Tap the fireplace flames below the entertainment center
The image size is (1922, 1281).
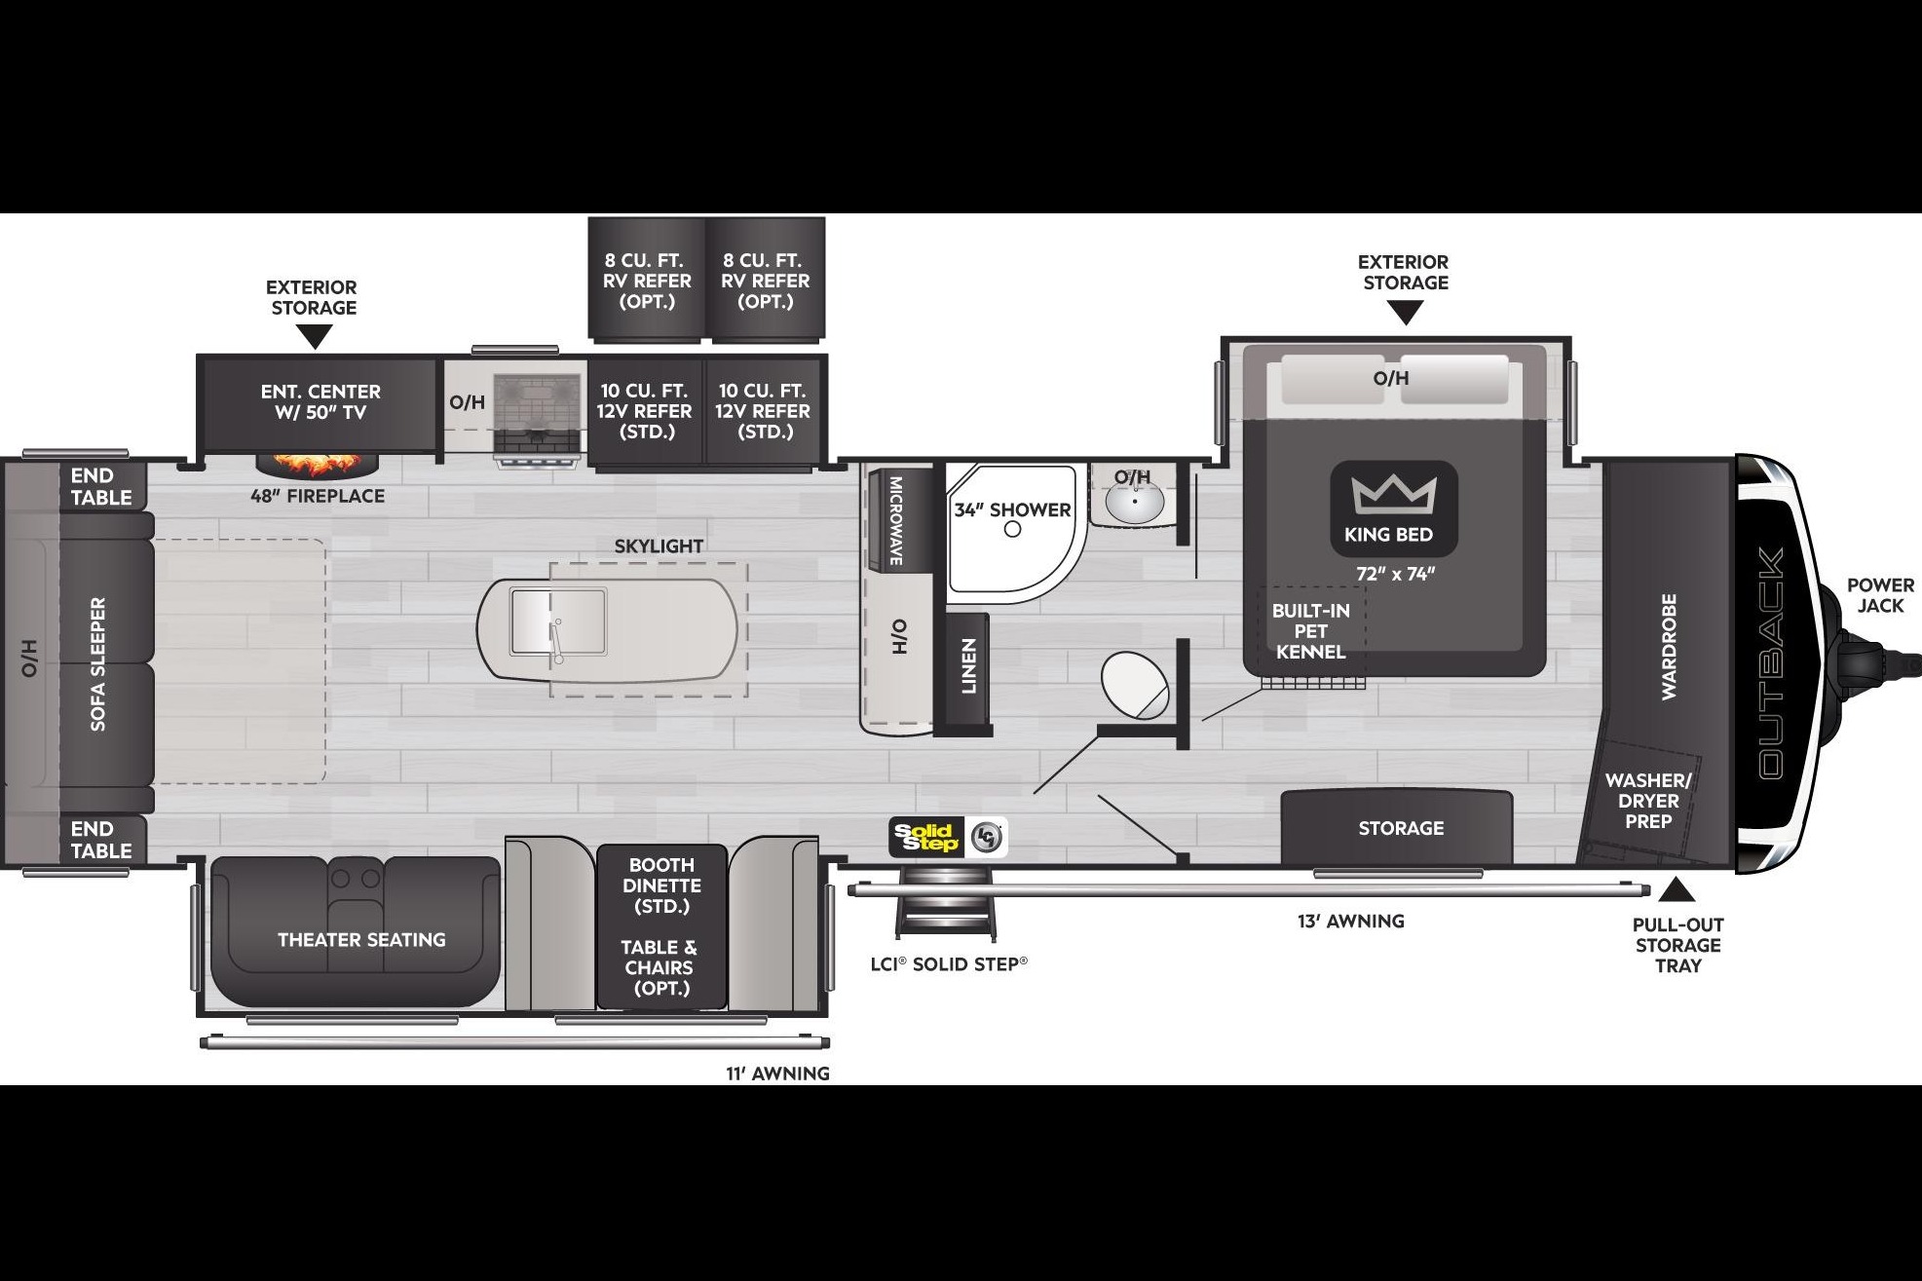click(x=316, y=465)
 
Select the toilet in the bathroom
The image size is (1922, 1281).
click(x=1136, y=685)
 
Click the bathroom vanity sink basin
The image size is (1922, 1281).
click(x=1134, y=506)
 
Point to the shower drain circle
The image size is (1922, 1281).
click(x=1012, y=529)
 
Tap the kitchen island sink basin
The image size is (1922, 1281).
click(x=558, y=622)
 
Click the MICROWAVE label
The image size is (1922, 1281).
click(x=895, y=520)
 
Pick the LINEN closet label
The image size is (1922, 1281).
click(x=968, y=666)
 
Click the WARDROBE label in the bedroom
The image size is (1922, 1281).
click(x=1669, y=646)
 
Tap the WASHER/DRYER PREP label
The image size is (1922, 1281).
click(x=1648, y=801)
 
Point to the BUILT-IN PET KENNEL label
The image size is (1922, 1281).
click(x=1310, y=631)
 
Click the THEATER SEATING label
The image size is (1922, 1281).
click(x=361, y=940)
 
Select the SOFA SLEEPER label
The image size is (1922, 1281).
click(x=97, y=664)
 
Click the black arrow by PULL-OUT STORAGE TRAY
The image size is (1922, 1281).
click(x=1677, y=889)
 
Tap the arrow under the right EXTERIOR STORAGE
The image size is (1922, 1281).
click(x=1405, y=313)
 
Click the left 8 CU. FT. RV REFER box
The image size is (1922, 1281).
click(x=647, y=280)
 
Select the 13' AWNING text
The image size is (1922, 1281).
click(x=1350, y=921)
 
